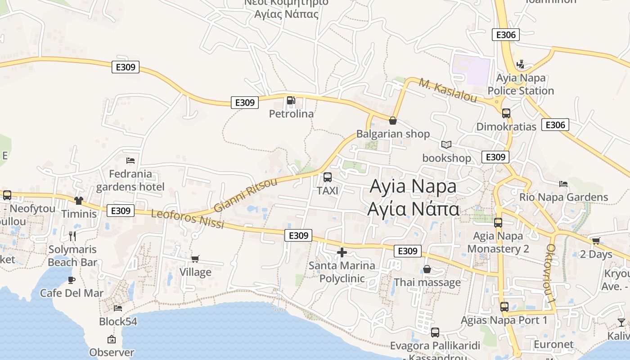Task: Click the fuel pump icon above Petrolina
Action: pyautogui.click(x=291, y=100)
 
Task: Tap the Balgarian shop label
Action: pyautogui.click(x=393, y=134)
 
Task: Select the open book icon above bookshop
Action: pyautogui.click(x=446, y=144)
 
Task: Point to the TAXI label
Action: pyautogui.click(x=328, y=191)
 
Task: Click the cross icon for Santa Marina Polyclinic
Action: pyautogui.click(x=342, y=252)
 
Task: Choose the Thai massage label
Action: pyautogui.click(x=427, y=282)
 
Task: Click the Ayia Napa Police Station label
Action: pyautogui.click(x=521, y=84)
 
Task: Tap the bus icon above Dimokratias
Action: pyautogui.click(x=506, y=113)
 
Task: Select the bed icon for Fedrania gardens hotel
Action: pyautogui.click(x=130, y=160)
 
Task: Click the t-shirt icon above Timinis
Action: pyautogui.click(x=79, y=200)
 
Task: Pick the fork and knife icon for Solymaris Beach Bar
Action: pyautogui.click(x=72, y=236)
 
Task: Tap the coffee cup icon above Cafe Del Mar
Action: pyautogui.click(x=72, y=280)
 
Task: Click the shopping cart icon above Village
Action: pyautogui.click(x=195, y=259)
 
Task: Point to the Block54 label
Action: pyautogui.click(x=118, y=322)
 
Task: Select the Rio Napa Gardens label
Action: pyautogui.click(x=563, y=197)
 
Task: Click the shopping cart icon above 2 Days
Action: pyautogui.click(x=596, y=241)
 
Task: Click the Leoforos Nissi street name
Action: pyautogui.click(x=187, y=219)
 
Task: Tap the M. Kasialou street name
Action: pyautogui.click(x=447, y=90)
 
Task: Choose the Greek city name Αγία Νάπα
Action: pyautogui.click(x=413, y=209)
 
